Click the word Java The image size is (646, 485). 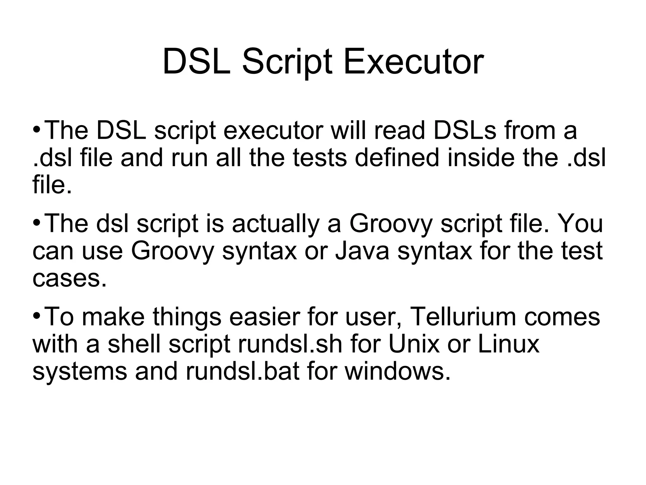pos(362,251)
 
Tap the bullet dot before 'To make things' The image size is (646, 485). pos(37,316)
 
